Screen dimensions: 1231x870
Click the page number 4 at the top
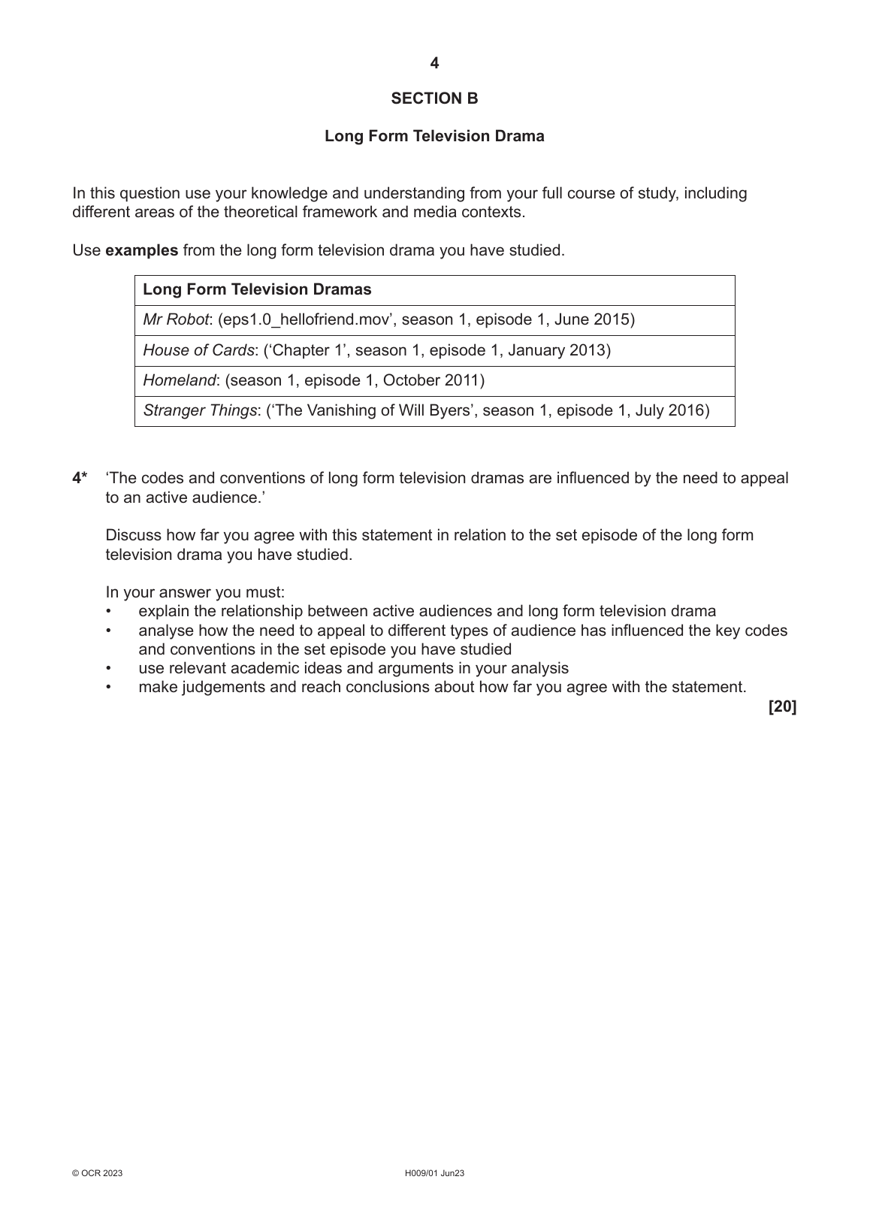(x=434, y=64)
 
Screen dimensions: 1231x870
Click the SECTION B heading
(x=434, y=98)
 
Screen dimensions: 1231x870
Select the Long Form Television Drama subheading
(x=434, y=136)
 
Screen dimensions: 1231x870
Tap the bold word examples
(x=142, y=250)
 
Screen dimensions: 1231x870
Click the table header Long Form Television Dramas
(x=257, y=289)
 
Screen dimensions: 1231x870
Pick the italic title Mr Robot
(x=176, y=319)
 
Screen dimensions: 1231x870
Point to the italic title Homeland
(x=180, y=380)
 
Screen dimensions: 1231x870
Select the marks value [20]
(x=782, y=706)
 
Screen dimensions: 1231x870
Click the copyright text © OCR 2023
(x=97, y=1173)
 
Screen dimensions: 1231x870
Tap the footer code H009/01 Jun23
(x=434, y=1173)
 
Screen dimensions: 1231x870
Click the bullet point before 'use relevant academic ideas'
(x=109, y=668)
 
